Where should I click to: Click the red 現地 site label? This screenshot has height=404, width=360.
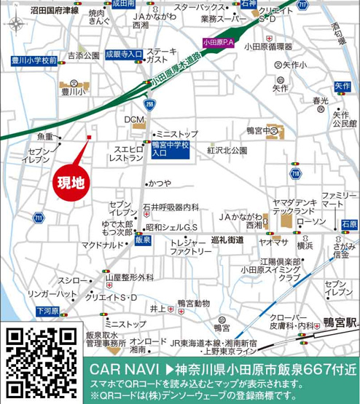pos(71,179)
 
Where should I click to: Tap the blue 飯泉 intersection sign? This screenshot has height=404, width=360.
pos(143,239)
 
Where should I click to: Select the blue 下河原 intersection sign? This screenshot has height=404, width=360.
pos(49,311)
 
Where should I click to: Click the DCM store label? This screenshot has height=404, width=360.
pos(134,119)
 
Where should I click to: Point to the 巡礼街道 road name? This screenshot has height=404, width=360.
pos(226,239)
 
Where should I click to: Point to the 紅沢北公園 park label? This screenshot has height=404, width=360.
pos(229,151)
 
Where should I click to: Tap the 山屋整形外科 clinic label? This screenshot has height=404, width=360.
pos(130,277)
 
